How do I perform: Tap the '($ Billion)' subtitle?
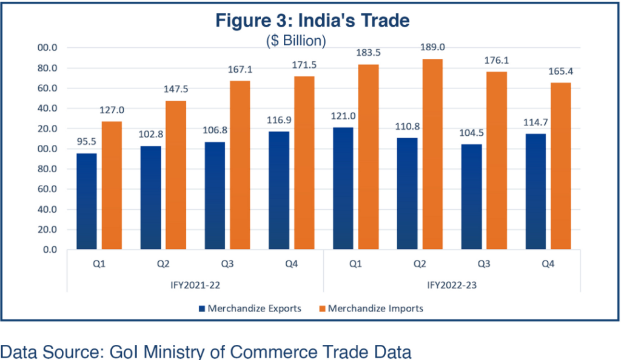pyautogui.click(x=297, y=41)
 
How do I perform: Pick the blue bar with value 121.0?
pyautogui.click(x=343, y=188)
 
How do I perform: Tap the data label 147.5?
pyautogui.click(x=176, y=90)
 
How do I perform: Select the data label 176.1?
pyautogui.click(x=494, y=61)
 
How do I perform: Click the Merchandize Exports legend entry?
pyautogui.click(x=250, y=308)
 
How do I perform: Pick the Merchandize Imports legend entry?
pyautogui.click(x=371, y=308)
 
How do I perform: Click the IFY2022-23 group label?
pyautogui.click(x=452, y=284)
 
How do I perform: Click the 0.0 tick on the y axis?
pyautogui.click(x=50, y=250)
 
